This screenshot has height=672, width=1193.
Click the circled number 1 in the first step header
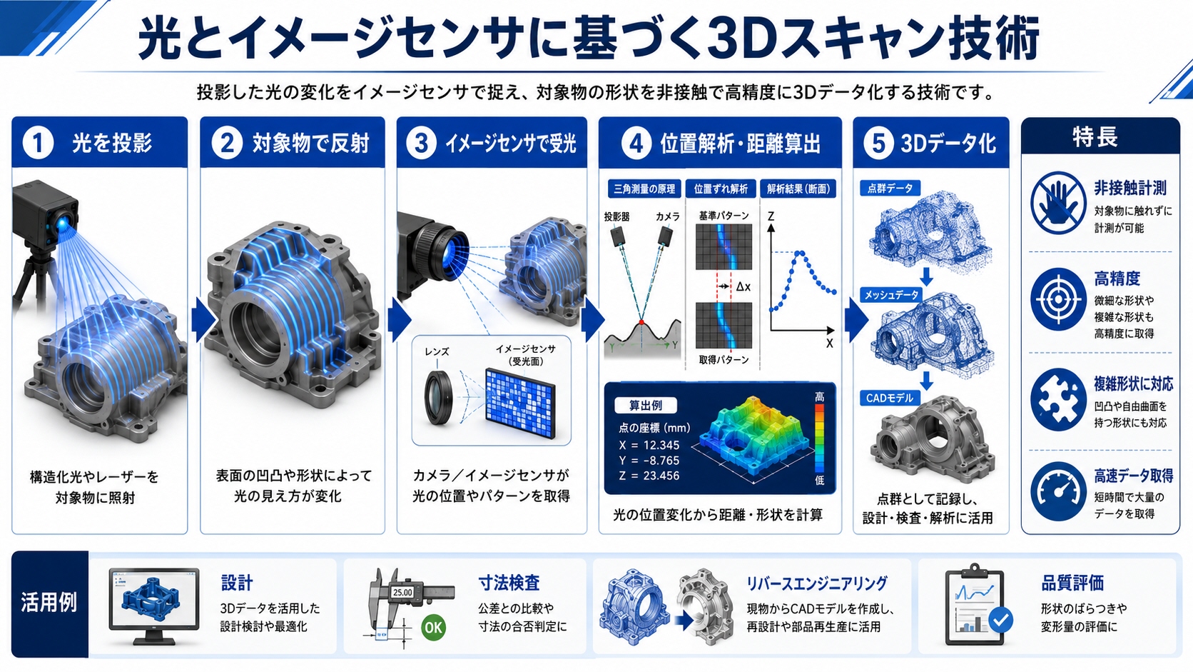point(38,143)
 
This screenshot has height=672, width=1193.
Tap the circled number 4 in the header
point(636,143)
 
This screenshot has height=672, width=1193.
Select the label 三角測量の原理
point(644,189)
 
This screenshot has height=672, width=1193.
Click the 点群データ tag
point(890,188)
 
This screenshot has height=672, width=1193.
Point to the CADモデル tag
point(890,398)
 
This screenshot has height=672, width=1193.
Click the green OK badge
point(433,627)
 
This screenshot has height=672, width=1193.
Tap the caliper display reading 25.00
point(402,592)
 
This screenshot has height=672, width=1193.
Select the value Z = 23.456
point(649,476)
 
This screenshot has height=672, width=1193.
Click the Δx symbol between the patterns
point(743,286)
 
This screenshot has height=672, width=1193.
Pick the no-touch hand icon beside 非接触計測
point(1057,203)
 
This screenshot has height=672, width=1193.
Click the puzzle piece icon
point(1057,400)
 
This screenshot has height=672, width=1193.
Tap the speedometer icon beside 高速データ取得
point(1057,492)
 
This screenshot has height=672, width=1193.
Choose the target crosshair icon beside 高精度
point(1057,299)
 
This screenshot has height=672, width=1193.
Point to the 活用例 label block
point(49,603)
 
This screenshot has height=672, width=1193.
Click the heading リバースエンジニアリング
point(816,583)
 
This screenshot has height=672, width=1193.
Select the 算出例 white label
point(646,406)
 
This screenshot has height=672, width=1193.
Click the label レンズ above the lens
point(437,352)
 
